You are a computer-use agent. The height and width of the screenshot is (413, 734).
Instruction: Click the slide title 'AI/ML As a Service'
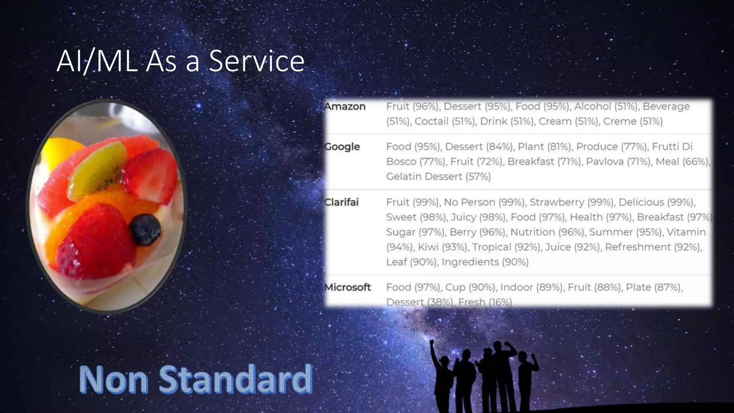pyautogui.click(x=180, y=61)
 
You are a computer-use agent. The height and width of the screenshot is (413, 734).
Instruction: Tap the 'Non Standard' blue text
pyautogui.click(x=196, y=379)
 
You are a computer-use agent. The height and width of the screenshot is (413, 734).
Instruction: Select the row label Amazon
pyautogui.click(x=345, y=106)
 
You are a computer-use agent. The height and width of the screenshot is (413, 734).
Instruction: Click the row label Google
pyautogui.click(x=342, y=147)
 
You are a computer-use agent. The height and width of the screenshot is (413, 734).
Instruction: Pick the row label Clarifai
pyautogui.click(x=341, y=202)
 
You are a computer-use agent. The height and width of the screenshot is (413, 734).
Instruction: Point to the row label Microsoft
pyautogui.click(x=347, y=287)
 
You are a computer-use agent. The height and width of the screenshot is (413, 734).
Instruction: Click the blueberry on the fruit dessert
pyautogui.click(x=145, y=229)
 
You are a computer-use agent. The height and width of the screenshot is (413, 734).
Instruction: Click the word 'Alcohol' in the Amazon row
pyautogui.click(x=592, y=106)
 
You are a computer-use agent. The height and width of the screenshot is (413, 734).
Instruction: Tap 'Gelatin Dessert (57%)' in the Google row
pyautogui.click(x=438, y=176)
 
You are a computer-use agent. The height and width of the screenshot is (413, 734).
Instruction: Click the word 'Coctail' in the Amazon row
pyautogui.click(x=432, y=121)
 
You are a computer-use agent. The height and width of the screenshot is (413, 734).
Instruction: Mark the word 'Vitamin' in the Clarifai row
pyautogui.click(x=686, y=232)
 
